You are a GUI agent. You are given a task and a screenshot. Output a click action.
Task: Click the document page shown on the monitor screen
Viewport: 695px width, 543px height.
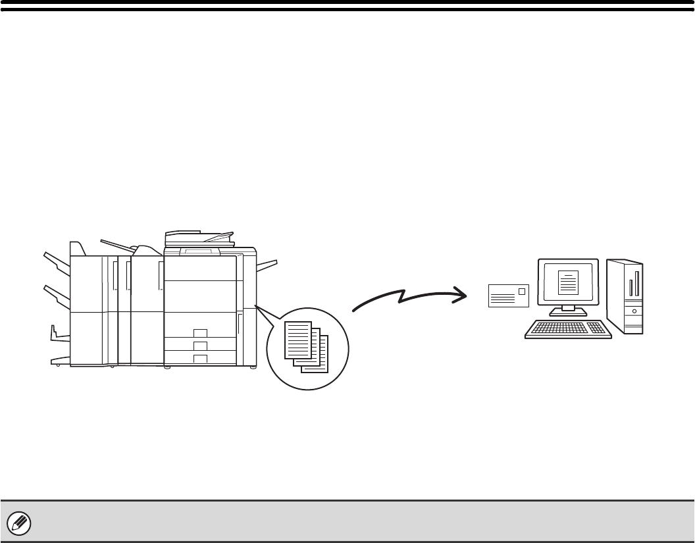567,282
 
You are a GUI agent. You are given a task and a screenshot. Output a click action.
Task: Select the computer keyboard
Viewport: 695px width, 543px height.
568,328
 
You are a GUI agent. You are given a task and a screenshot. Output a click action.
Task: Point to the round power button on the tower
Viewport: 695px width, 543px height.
634,310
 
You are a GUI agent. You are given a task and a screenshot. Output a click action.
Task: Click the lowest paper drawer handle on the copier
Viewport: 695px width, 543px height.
201,358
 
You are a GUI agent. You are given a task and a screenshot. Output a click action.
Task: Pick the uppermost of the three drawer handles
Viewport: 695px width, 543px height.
201,332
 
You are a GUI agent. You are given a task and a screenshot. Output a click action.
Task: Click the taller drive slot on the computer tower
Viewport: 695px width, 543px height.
636,281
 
